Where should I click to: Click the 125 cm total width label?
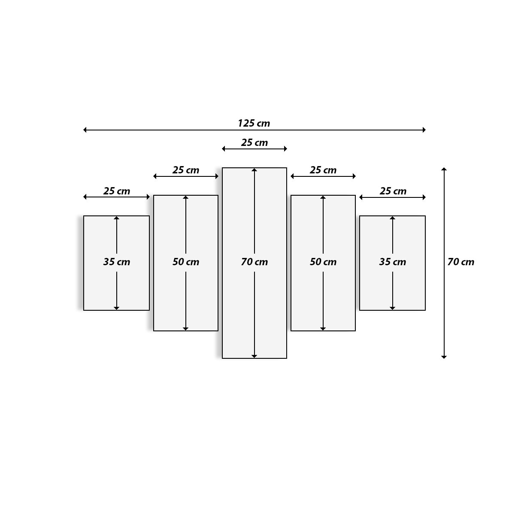254,124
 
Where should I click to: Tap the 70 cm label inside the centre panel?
254,262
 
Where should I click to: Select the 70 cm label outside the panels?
461,262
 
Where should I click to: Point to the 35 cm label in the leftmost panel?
116,262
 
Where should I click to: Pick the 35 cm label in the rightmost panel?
392,262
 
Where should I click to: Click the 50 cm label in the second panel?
186,262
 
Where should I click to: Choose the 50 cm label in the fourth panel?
323,262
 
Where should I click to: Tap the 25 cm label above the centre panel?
254,142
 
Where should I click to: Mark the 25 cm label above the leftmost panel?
116,191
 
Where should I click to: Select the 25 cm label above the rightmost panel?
393,191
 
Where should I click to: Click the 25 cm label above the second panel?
186,170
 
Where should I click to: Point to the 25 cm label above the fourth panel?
323,170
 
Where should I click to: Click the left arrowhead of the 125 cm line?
85,130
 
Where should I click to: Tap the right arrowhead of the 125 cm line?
424,130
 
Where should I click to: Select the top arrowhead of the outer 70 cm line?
444,170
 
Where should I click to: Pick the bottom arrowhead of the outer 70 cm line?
444,356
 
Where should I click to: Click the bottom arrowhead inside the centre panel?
254,356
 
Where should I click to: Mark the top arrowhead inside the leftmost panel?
116,218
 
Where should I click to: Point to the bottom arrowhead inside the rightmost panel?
392,308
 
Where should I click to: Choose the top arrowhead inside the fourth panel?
323,197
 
